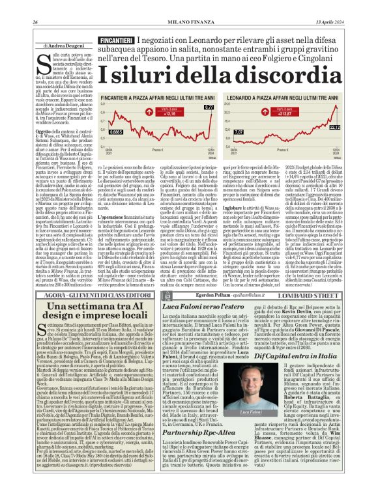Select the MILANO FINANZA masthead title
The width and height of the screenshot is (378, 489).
[x=189, y=5]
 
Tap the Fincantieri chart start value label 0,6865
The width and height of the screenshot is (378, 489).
[x=116, y=132]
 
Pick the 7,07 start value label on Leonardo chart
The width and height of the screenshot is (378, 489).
[x=239, y=132]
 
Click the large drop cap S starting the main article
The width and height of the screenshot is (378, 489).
[x=42, y=66]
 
